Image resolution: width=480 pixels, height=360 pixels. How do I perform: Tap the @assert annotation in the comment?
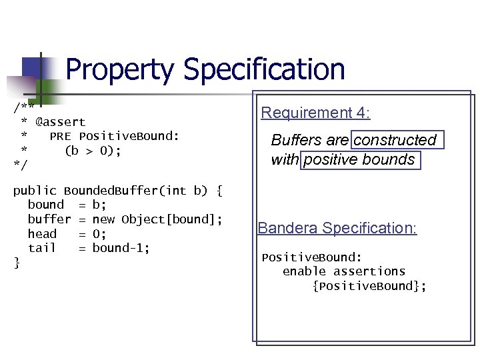coord(61,122)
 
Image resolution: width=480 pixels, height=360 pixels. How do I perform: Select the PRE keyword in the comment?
coord(61,137)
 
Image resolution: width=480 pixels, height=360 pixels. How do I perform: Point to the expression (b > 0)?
coord(93,151)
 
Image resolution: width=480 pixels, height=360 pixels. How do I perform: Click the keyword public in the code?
coord(35,191)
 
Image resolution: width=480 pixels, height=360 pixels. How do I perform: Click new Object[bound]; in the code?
coord(157,219)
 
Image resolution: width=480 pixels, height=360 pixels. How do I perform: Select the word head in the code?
coord(42,234)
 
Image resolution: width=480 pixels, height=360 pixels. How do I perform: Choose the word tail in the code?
coord(42,248)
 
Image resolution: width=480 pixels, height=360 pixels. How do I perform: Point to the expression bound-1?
coord(121,248)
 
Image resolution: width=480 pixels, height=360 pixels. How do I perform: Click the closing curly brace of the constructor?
coord(17,263)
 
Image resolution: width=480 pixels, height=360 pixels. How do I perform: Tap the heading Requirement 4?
coord(315,113)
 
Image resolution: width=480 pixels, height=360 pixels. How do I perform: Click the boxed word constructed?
coord(395,140)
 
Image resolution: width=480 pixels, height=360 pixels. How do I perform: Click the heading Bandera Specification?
coord(337,228)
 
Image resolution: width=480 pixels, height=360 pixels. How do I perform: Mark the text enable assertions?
coord(344,271)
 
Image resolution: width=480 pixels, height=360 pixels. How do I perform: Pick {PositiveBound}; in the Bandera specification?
coord(369,286)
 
